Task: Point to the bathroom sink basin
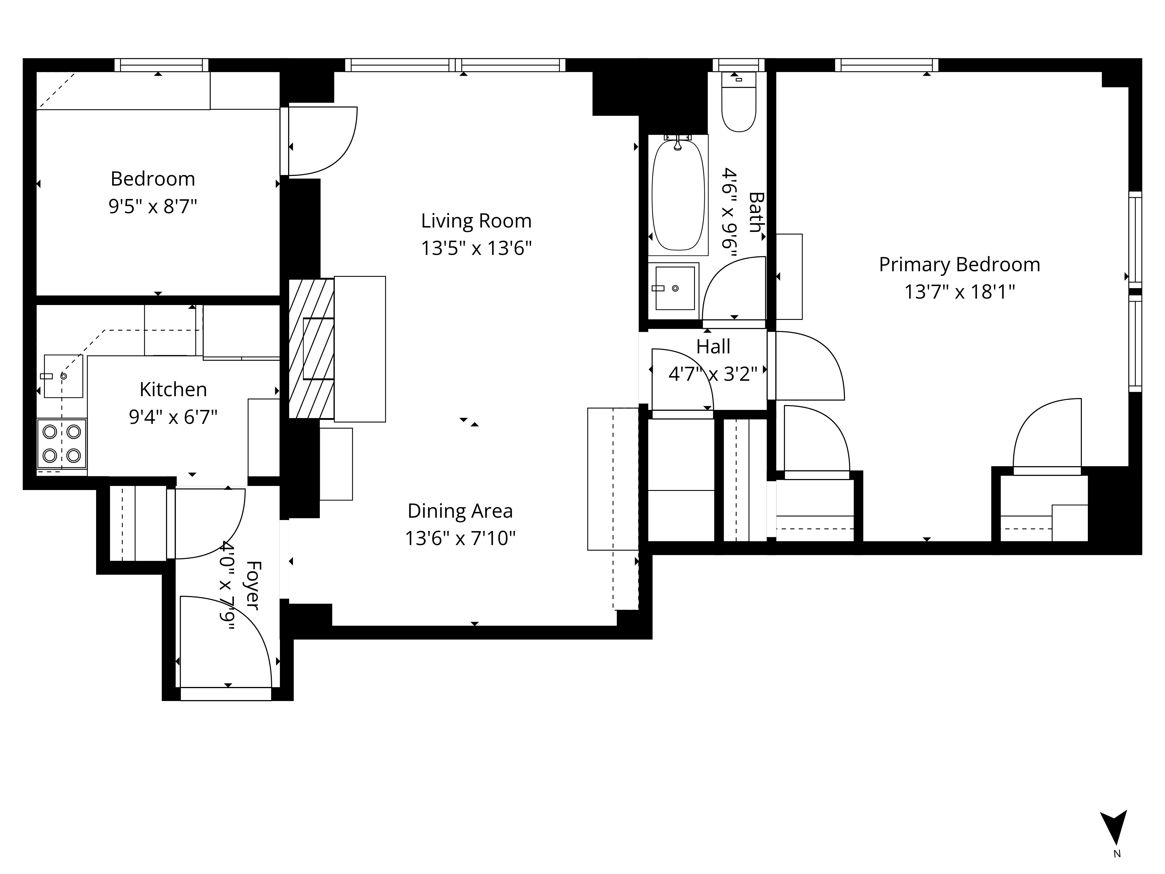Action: point(675,288)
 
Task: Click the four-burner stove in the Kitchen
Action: point(62,443)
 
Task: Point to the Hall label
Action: point(713,347)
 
